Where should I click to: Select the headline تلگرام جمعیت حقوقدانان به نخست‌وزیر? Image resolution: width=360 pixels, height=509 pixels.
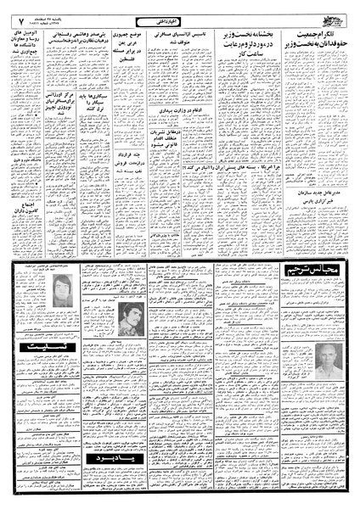315,33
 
